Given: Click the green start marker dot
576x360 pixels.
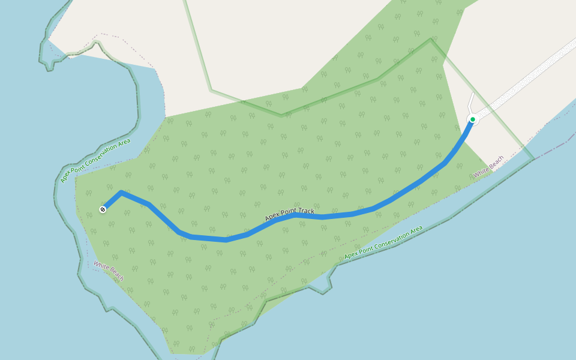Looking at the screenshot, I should coord(473,119).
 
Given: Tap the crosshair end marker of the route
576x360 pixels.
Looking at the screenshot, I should coord(103,209).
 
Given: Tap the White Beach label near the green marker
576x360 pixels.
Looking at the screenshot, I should coord(488,167).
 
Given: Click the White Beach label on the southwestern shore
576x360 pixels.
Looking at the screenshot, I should coord(109,271).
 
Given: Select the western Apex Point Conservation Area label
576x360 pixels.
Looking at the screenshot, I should coord(95,160).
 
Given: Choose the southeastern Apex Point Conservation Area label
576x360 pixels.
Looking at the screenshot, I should coord(383,242).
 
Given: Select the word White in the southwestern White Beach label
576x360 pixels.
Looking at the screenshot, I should coord(100,266).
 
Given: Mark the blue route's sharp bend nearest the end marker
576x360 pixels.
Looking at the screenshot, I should coord(122,192).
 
